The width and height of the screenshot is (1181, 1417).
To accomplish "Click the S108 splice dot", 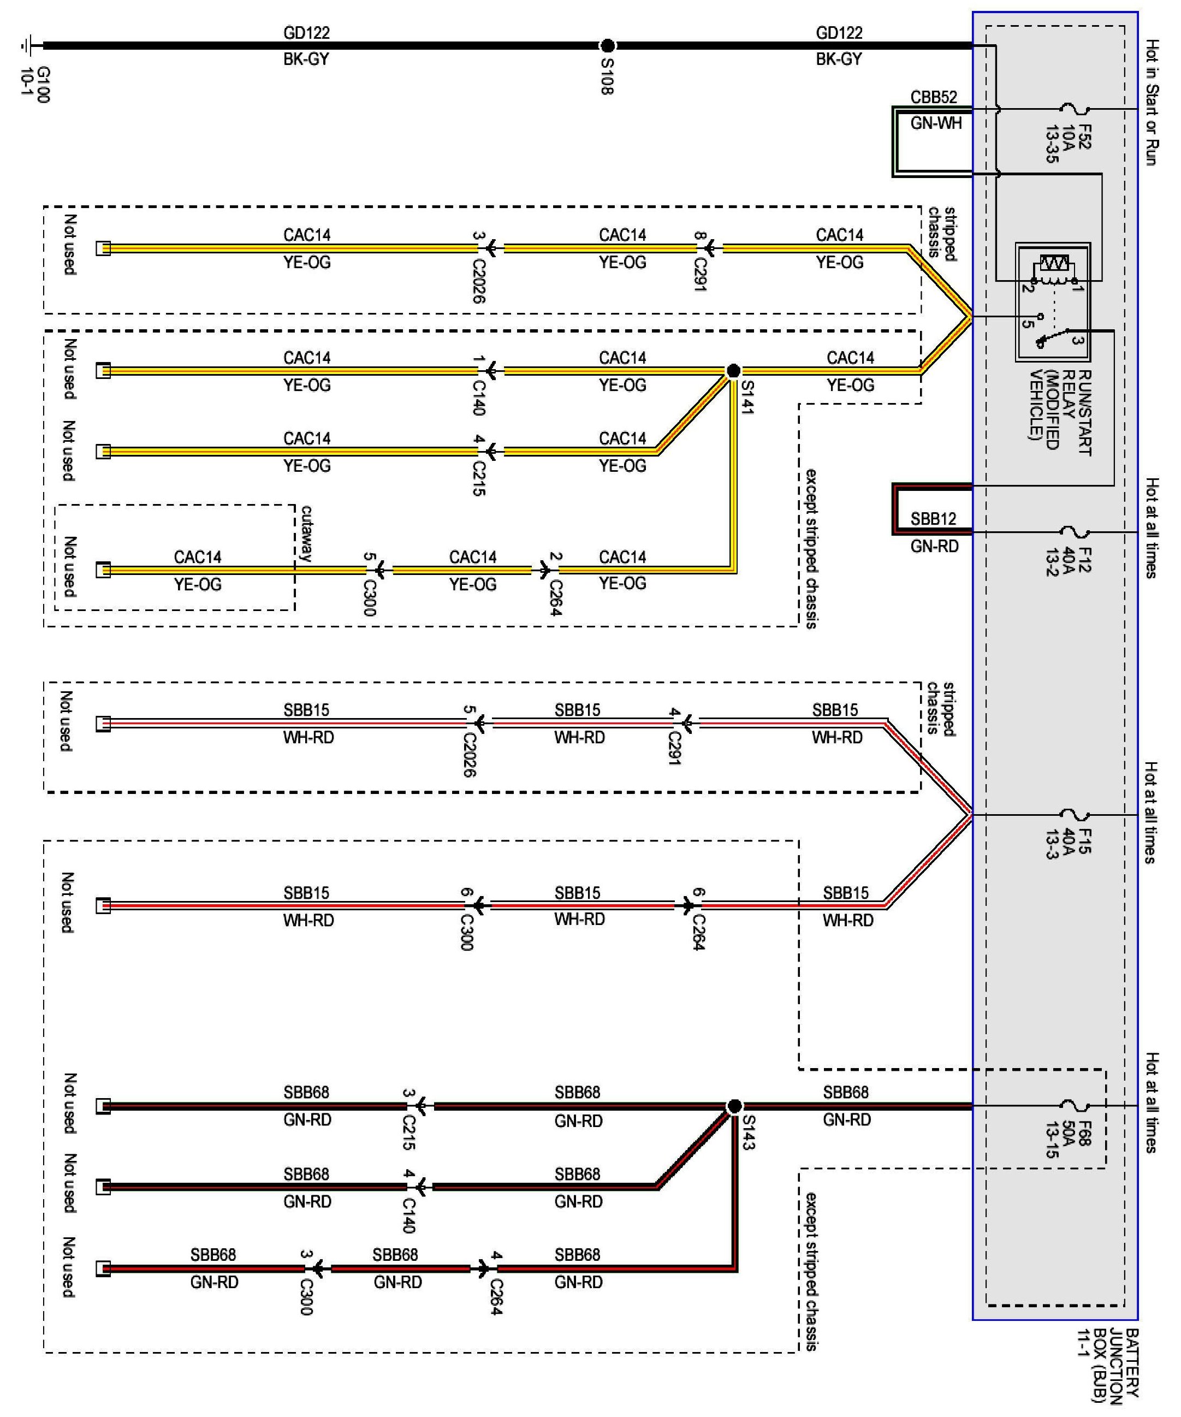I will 607,46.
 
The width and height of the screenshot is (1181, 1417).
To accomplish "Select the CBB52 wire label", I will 934,97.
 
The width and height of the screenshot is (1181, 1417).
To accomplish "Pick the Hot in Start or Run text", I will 1152,103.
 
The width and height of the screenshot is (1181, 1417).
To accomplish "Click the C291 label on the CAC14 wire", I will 700,275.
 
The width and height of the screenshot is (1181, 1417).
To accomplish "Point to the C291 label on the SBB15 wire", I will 674,748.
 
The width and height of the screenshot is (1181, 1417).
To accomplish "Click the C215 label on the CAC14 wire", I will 478,478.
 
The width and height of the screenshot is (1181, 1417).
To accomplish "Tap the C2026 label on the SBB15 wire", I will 470,755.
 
